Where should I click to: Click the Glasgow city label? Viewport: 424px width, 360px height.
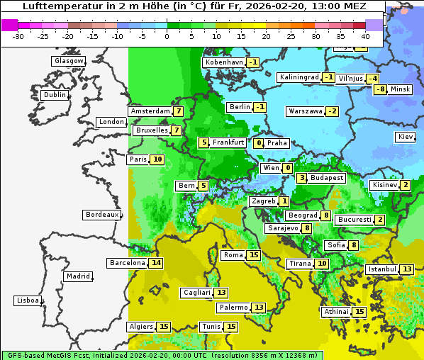[x=68, y=61]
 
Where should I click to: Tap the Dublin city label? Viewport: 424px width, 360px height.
[x=54, y=95]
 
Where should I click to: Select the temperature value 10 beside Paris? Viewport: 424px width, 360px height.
[x=157, y=159]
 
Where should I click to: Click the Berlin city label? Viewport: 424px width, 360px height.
[x=239, y=107]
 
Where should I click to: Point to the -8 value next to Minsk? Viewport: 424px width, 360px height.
[x=381, y=89]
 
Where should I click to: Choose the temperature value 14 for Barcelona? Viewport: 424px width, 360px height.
[x=156, y=263]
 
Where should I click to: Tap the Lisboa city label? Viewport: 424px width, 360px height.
[x=27, y=300]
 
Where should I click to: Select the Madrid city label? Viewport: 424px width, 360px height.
[x=77, y=276]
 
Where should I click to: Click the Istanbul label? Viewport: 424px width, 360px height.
[x=381, y=269]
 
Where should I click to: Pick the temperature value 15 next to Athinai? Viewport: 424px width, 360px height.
[x=359, y=312]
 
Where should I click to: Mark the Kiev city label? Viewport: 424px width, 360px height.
[x=406, y=137]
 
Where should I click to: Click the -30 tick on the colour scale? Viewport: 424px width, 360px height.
[x=18, y=35]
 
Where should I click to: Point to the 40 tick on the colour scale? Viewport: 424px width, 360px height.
[x=365, y=35]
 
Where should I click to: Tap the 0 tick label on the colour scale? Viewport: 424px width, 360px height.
[x=167, y=35]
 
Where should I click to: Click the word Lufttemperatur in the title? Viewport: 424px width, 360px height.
[x=62, y=6]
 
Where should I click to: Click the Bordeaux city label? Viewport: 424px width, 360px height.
[x=101, y=215]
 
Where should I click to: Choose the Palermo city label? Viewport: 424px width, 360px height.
[x=233, y=308]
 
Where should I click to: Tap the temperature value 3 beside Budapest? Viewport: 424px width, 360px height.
[x=301, y=178]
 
